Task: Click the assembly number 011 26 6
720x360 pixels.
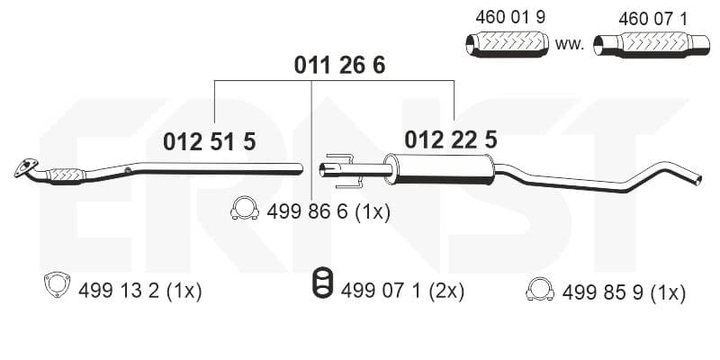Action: click(339, 66)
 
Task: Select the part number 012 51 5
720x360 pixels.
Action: click(210, 142)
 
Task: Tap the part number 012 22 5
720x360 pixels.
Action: click(451, 139)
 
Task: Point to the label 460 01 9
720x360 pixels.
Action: click(510, 17)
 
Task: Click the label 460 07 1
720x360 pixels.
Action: click(653, 19)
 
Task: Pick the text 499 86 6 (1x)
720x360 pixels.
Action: click(328, 212)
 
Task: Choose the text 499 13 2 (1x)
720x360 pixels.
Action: click(140, 291)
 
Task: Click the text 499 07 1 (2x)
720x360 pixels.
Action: click(402, 291)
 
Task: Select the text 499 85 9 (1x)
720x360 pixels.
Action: click(624, 292)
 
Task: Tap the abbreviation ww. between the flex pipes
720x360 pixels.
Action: click(570, 44)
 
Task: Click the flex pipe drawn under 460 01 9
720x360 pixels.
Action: click(508, 44)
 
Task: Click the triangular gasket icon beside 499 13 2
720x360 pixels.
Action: click(57, 284)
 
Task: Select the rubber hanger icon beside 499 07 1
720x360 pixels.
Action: click(323, 282)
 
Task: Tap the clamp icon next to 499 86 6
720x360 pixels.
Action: click(244, 209)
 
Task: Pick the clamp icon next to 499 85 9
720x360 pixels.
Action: click(539, 290)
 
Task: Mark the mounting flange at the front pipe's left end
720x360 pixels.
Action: click(26, 167)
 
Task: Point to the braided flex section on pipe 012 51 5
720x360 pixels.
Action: click(66, 175)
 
